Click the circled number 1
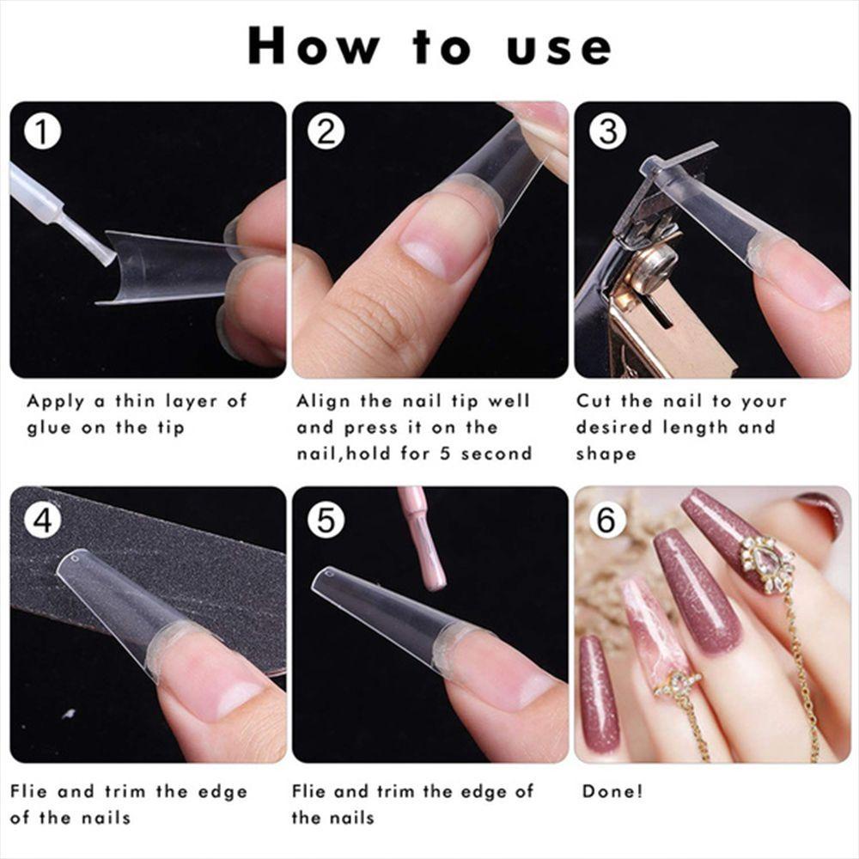point(42,133)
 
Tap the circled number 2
point(326,132)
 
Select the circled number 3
point(608,132)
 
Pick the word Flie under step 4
point(34,791)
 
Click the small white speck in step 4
point(69,713)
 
